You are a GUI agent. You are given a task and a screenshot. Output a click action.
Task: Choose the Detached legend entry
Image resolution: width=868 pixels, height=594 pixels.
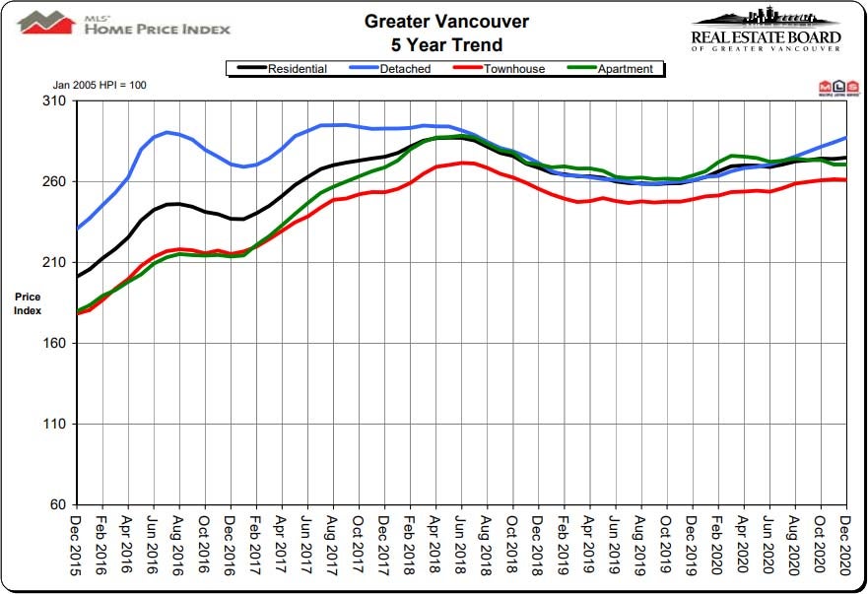pos(387,69)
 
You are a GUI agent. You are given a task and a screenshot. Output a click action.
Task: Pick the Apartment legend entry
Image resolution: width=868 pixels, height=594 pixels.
pos(624,69)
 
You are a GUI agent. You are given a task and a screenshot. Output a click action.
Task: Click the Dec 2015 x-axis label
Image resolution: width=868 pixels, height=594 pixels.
pos(77,546)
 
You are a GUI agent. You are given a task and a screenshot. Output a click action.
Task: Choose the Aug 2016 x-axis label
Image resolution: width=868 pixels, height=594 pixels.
pos(179,546)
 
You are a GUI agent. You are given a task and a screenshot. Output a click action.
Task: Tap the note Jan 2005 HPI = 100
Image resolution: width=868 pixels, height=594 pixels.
pos(99,86)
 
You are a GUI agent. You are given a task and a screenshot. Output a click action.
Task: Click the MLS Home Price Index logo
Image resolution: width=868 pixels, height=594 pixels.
pos(123,23)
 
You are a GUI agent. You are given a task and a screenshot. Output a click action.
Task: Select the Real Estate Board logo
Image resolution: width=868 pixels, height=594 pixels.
pos(766,30)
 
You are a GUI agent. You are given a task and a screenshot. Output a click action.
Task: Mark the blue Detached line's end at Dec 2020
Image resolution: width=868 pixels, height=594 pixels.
pos(846,138)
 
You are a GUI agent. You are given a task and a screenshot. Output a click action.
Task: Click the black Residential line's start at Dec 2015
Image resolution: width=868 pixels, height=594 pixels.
pos(78,276)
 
